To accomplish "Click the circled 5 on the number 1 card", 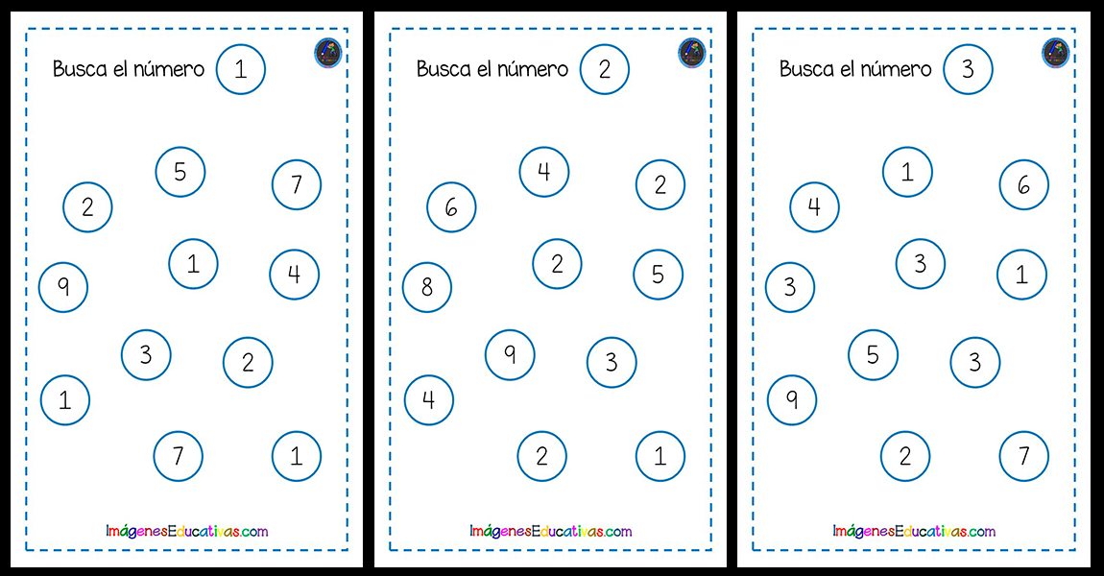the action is click(x=180, y=172).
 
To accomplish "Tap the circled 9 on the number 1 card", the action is click(x=63, y=287).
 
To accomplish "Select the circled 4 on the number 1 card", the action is click(x=295, y=275).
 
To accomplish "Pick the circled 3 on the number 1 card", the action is click(x=146, y=355).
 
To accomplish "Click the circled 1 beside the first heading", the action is click(x=241, y=69).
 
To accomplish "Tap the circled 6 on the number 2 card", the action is click(x=451, y=207).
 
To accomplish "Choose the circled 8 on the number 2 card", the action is click(x=427, y=287).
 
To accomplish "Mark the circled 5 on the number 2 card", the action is click(x=659, y=275).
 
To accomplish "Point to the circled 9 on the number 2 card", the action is click(x=510, y=355).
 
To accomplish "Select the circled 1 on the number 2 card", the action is click(x=660, y=456).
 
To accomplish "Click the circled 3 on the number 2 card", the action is click(x=612, y=363).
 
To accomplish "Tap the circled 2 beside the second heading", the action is click(x=605, y=69).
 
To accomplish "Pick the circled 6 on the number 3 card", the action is click(x=1023, y=184).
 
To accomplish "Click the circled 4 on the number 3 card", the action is click(x=815, y=207).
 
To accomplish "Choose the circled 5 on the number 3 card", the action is click(x=873, y=355).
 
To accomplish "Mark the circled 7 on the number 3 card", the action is click(x=1023, y=456).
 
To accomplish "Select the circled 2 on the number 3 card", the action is click(x=905, y=456).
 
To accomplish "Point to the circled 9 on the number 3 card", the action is click(x=792, y=400).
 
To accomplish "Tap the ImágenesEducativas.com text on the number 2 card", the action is click(x=551, y=531).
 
